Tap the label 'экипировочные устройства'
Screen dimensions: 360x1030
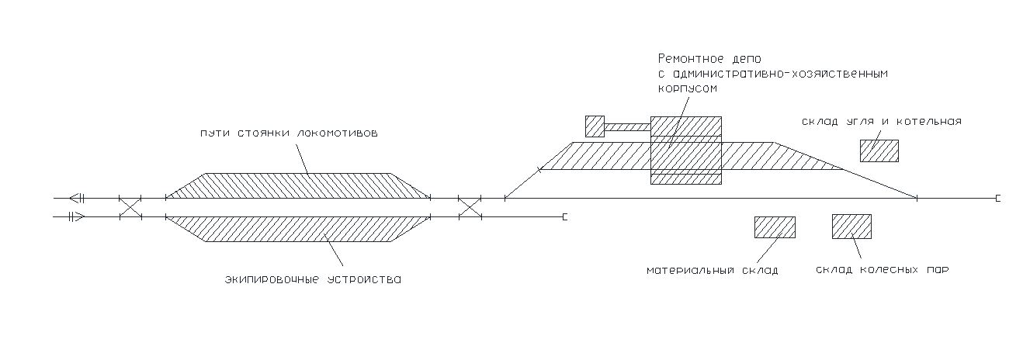(x=313, y=278)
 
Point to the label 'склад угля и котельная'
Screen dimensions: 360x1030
(x=883, y=122)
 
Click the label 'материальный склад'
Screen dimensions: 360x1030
(x=713, y=271)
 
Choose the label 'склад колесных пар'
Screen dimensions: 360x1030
(x=883, y=270)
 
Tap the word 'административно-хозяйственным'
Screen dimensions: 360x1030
(x=772, y=74)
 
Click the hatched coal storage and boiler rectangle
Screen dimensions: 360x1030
(x=879, y=151)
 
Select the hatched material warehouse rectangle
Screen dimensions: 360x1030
(x=775, y=227)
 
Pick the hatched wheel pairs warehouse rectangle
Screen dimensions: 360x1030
(x=851, y=226)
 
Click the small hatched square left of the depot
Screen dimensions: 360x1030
(x=595, y=126)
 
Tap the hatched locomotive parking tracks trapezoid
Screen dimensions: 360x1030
(x=299, y=185)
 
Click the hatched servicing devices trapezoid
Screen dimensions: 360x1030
(x=299, y=229)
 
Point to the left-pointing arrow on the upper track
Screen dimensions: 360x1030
(x=75, y=198)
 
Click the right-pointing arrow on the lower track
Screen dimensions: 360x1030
(x=75, y=216)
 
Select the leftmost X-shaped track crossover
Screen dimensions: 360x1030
(x=130, y=207)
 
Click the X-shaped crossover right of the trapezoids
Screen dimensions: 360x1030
(x=470, y=207)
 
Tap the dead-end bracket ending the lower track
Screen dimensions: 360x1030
(x=565, y=216)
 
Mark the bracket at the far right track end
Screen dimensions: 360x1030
(x=997, y=199)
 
